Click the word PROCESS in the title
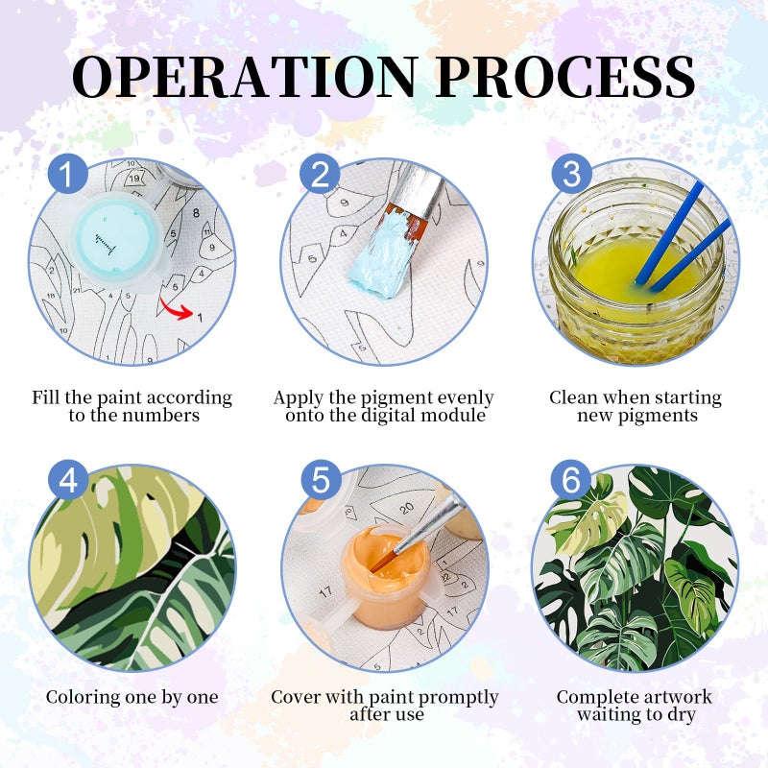tap(565, 76)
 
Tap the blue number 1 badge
tap(68, 175)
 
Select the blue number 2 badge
tap(320, 175)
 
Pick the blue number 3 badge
tap(571, 175)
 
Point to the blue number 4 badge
tap(68, 480)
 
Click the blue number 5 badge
tap(321, 480)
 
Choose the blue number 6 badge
tap(571, 480)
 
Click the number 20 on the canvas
tap(406, 509)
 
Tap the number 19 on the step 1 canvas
tap(134, 179)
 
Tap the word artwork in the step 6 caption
tap(679, 697)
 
